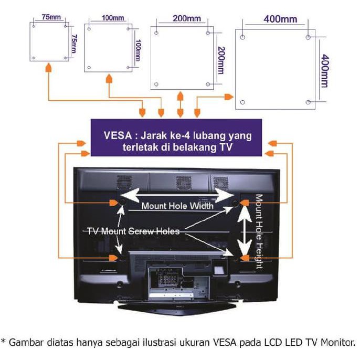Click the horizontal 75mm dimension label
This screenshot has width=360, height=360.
(51, 17)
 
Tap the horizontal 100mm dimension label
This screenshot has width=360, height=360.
(113, 18)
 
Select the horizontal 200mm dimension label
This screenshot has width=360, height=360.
(187, 18)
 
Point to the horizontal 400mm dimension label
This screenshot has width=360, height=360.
(280, 19)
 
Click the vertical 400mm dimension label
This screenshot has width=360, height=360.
(325, 71)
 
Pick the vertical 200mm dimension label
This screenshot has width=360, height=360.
(221, 60)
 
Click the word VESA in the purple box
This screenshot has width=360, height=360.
(118, 135)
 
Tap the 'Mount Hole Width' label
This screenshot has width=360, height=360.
(177, 206)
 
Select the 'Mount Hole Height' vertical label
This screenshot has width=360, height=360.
(259, 231)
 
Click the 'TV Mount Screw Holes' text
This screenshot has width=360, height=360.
(133, 231)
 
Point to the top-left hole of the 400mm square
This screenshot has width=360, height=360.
(242, 37)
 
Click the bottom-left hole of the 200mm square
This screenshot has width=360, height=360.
(156, 84)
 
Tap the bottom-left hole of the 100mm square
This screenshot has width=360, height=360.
(89, 68)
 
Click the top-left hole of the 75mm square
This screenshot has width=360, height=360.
(34, 26)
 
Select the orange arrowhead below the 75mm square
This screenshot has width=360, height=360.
(48, 68)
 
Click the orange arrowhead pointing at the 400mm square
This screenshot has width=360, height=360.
(229, 97)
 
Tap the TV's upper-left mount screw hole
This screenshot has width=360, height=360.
(122, 202)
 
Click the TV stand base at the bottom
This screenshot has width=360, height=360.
(177, 309)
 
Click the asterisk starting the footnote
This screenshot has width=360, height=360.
(3, 341)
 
